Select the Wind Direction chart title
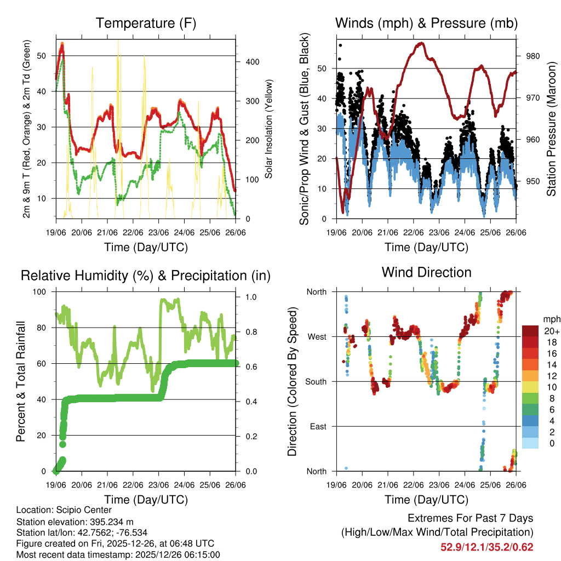tap(426, 272)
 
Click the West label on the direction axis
tap(317, 336)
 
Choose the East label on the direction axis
tap(318, 426)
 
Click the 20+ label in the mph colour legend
tap(551, 331)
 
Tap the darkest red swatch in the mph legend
tap(530, 330)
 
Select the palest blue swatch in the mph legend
tap(530, 444)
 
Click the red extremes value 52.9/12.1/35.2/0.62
tap(486, 547)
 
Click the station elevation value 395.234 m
tap(112, 521)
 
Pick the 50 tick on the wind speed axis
tap(323, 68)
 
